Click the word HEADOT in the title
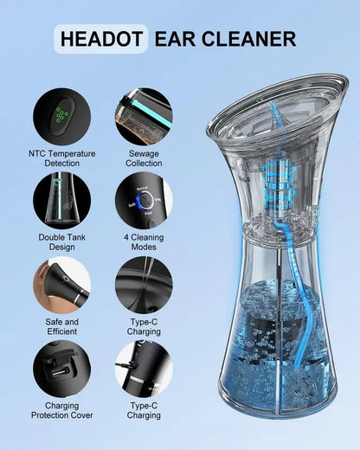101,39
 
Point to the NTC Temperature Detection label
62,158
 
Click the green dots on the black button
61,114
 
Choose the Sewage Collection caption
144,158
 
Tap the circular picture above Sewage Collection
144,117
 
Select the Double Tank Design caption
62,242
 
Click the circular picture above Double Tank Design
62,201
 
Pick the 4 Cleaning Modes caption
144,242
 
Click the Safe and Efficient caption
62,326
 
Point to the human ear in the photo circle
40,280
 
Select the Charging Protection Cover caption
62,410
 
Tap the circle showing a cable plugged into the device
144,369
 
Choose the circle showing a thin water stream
144,286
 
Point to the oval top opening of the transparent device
278,107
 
